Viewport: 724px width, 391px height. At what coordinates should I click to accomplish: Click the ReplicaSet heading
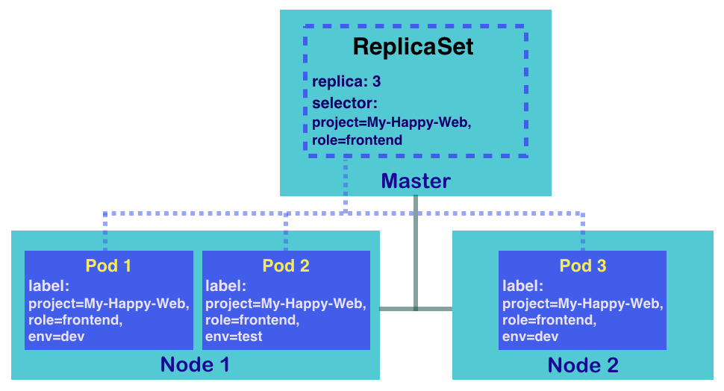click(x=414, y=46)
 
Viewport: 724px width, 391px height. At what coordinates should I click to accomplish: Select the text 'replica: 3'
click(x=346, y=82)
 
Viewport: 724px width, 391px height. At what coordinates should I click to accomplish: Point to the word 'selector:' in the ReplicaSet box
click(x=344, y=104)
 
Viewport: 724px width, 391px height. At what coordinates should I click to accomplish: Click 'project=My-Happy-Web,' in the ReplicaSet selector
click(x=392, y=123)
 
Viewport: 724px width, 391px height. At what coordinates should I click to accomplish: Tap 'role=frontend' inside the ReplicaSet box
click(x=357, y=140)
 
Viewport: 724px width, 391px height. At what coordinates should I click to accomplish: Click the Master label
click(x=416, y=181)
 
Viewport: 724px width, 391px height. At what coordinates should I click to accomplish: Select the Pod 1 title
click(x=108, y=266)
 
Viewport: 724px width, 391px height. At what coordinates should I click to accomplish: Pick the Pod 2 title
click(x=286, y=266)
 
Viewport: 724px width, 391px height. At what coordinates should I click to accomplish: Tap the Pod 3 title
click(x=583, y=266)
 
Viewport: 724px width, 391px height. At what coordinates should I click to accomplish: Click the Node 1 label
click(x=195, y=365)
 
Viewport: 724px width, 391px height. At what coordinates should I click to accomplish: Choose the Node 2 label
click(x=583, y=365)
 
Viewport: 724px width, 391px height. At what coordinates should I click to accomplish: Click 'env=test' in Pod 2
click(x=234, y=337)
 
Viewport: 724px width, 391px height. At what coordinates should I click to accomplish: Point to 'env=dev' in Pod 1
click(x=56, y=337)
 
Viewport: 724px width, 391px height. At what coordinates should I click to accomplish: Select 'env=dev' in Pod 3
click(x=530, y=337)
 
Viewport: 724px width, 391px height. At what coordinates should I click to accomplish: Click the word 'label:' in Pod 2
click(x=226, y=287)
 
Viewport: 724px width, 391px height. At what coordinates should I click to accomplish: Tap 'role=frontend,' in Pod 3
click(x=549, y=320)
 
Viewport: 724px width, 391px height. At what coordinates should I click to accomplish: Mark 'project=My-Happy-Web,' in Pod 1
click(x=109, y=304)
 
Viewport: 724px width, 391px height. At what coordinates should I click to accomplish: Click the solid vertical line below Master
click(x=416, y=253)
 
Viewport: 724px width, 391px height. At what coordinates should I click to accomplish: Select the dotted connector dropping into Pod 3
click(x=583, y=232)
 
